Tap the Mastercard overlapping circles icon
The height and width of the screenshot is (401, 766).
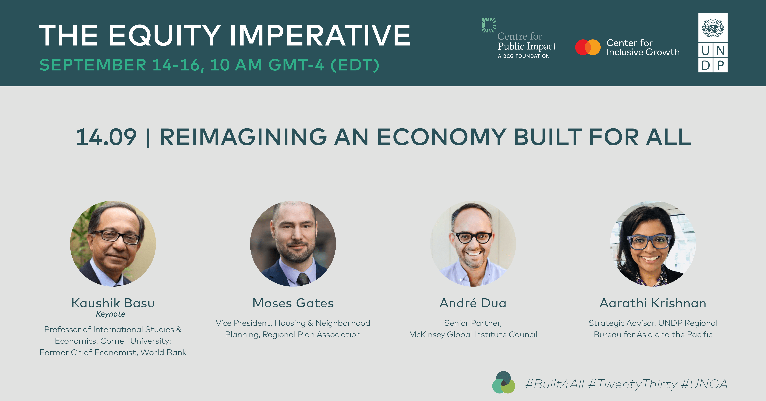(588, 47)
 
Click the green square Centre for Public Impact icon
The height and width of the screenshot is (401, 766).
(489, 25)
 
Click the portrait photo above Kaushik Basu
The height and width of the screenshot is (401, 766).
(113, 244)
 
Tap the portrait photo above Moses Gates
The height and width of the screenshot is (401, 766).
(293, 244)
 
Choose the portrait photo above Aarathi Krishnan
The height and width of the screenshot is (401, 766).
(653, 244)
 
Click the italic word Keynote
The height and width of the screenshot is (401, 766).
(110, 314)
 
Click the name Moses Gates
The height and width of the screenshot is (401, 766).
(293, 303)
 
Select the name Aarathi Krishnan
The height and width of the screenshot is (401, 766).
(653, 303)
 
